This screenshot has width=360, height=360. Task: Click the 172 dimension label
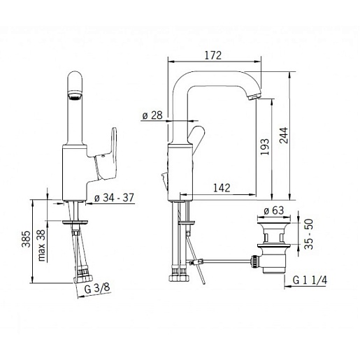coord(213,55)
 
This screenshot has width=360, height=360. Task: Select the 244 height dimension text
coord(284,136)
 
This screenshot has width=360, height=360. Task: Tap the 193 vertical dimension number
coord(265,147)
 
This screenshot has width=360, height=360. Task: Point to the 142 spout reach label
coord(222,188)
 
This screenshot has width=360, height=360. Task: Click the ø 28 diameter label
coord(152,115)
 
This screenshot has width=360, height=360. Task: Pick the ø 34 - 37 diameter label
coord(114,198)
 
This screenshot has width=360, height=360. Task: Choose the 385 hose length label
coord(26,239)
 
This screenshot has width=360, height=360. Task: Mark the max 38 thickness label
coord(41,245)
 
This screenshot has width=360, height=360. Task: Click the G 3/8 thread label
coord(96,289)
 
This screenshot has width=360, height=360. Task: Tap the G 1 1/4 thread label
coord(310,280)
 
